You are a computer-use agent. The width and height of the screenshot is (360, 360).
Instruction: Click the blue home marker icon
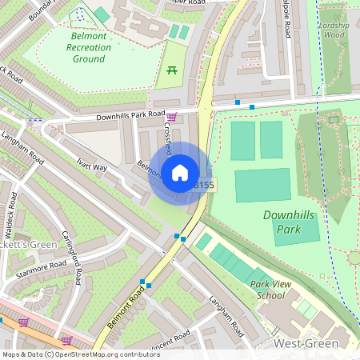(180, 173)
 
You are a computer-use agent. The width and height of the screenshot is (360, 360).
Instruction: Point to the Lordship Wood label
(333, 30)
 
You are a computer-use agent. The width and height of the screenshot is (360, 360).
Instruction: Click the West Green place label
(306, 343)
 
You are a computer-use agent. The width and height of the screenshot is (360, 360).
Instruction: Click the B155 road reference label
(204, 185)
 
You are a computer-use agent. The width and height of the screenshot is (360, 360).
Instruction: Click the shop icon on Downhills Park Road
(171, 117)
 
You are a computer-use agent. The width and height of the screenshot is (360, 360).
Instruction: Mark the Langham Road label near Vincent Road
(225, 314)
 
